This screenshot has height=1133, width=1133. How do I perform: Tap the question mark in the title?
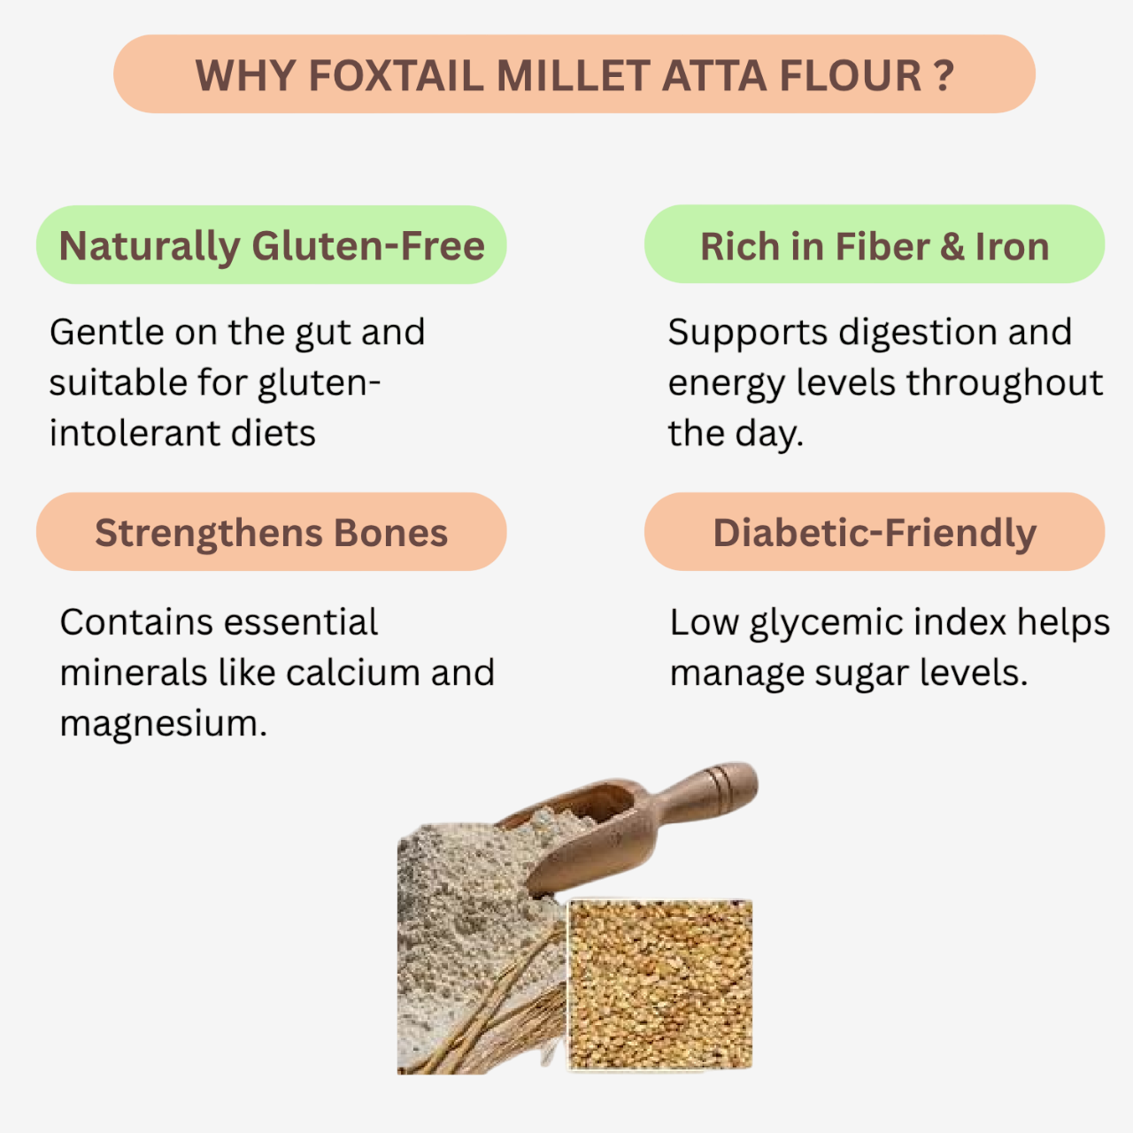click(944, 75)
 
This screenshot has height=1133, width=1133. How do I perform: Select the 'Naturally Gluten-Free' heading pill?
click(271, 245)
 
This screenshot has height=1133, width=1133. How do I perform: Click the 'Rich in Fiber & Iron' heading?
click(875, 245)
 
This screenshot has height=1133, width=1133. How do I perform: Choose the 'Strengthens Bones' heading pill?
click(271, 532)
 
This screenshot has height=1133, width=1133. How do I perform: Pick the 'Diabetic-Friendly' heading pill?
click(875, 532)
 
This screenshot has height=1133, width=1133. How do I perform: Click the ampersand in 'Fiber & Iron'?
click(952, 246)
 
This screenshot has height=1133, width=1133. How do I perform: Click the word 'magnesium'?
click(163, 724)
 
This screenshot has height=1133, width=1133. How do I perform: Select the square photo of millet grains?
click(660, 984)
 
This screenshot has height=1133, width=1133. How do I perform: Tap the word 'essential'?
click(297, 622)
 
